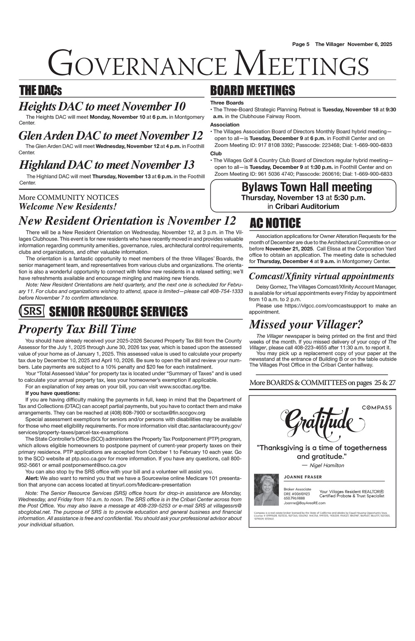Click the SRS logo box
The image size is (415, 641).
pyautogui.click(x=32, y=311)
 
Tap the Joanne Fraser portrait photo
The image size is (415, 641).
pyautogui.click(x=266, y=490)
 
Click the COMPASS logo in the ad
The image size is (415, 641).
pyautogui.click(x=376, y=408)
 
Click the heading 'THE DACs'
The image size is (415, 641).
pyautogui.click(x=40, y=90)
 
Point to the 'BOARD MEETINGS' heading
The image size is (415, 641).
pyautogui.click(x=252, y=90)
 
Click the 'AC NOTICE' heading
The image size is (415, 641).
pyautogui.click(x=275, y=223)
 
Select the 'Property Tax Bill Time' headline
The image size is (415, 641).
pyautogui.click(x=77, y=329)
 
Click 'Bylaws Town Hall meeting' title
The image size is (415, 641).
pyautogui.click(x=307, y=187)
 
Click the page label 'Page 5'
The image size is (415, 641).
pyautogui.click(x=301, y=44)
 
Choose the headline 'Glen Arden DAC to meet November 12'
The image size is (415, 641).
pyautogui.click(x=111, y=136)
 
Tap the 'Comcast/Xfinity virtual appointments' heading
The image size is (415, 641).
pyautogui.click(x=321, y=276)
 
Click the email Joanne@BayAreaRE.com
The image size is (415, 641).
pyautogui.click(x=305, y=503)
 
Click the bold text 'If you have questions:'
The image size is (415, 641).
pyautogui.click(x=53, y=393)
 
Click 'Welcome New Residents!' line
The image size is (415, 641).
pyautogui.click(x=68, y=206)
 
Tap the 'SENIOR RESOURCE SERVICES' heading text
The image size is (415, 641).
pyautogui.click(x=118, y=311)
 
